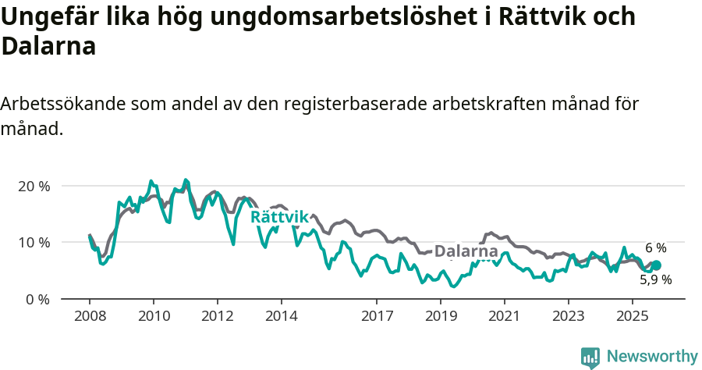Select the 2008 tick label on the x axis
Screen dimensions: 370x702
click(x=90, y=318)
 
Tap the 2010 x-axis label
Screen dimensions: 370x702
click(x=154, y=318)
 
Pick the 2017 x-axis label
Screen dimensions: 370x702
click(x=377, y=318)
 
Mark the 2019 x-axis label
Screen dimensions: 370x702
click(x=441, y=318)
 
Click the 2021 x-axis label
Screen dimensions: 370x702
click(x=505, y=318)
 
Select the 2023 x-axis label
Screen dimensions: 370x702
click(x=569, y=318)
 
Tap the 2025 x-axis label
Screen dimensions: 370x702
click(x=633, y=318)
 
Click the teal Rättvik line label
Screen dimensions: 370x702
click(x=280, y=217)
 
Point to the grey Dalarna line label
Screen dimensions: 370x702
click(x=466, y=251)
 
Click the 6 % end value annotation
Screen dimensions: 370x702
click(x=655, y=247)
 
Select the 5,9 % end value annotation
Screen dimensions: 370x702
click(x=655, y=279)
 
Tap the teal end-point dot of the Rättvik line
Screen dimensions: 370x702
click(x=656, y=265)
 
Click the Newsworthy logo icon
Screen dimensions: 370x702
click(x=590, y=357)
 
